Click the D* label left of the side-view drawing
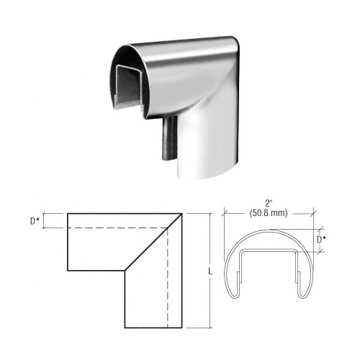pos(34,221)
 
